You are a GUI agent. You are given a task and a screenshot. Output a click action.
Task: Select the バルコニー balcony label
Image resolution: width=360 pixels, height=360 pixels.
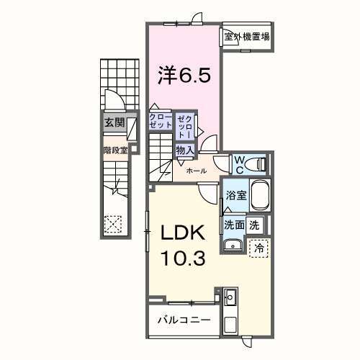pyautogui.click(x=184, y=318)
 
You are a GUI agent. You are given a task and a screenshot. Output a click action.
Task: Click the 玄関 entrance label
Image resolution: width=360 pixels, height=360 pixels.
pyautogui.click(x=114, y=122)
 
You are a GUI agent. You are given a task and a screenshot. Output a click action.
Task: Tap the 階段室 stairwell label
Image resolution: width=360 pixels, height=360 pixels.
pyautogui.click(x=114, y=150)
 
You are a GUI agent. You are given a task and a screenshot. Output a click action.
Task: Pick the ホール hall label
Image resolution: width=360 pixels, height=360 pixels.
pyautogui.click(x=197, y=171)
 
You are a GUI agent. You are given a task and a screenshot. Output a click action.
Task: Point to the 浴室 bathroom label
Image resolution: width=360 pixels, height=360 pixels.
pyautogui.click(x=235, y=194)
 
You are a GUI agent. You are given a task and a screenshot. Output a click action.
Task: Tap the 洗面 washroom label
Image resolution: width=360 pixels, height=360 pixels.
pyautogui.click(x=234, y=224)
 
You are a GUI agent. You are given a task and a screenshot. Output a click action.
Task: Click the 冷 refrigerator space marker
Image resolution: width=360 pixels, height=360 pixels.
pyautogui.click(x=259, y=246)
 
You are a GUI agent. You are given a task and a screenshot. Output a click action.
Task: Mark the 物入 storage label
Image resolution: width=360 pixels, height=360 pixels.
pyautogui.click(x=184, y=150)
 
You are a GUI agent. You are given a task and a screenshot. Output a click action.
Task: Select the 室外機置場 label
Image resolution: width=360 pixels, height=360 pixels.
pyautogui.click(x=246, y=36)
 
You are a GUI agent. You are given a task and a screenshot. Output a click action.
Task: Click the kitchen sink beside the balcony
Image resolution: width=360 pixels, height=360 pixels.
pyautogui.click(x=230, y=297)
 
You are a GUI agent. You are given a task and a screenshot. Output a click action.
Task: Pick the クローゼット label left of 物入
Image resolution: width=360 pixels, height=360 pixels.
pyautogui.click(x=161, y=121)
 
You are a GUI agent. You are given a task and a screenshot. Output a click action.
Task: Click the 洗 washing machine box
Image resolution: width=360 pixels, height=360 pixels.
pyautogui.click(x=254, y=224)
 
